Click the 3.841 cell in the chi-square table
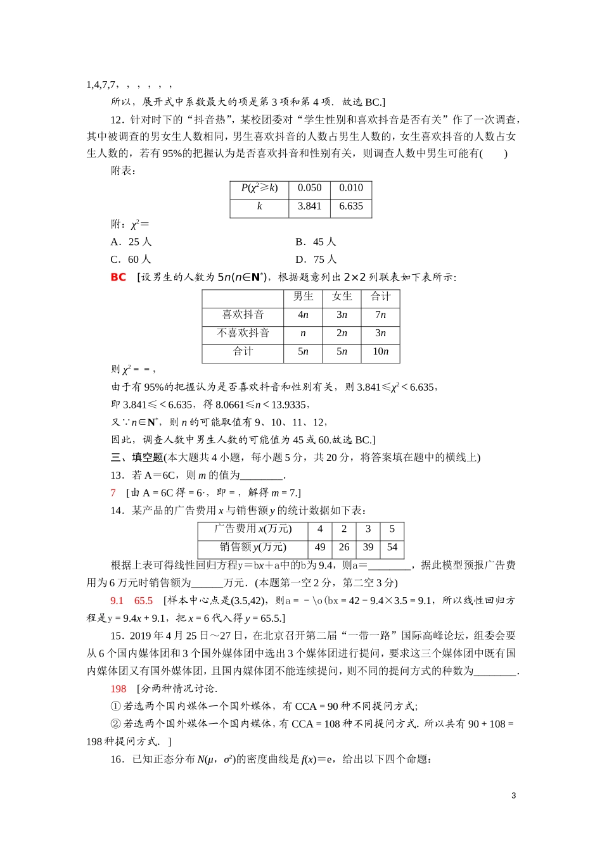[309, 206]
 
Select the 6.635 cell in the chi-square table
[350, 206]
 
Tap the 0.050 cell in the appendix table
[309, 188]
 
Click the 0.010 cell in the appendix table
[350, 188]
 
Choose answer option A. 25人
[131, 242]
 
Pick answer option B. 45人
[316, 242]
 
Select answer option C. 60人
[131, 260]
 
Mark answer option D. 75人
[316, 260]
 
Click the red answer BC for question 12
[118, 277]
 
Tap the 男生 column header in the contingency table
[303, 296]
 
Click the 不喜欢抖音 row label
[243, 333]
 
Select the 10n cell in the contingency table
[380, 351]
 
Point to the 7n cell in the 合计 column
[380, 315]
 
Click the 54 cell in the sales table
[392, 547]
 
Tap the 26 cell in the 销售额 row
[343, 547]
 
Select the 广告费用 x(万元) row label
[252, 529]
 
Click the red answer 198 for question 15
[118, 689]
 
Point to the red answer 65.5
[143, 601]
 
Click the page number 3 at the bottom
[513, 796]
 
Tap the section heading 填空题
[147, 458]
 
